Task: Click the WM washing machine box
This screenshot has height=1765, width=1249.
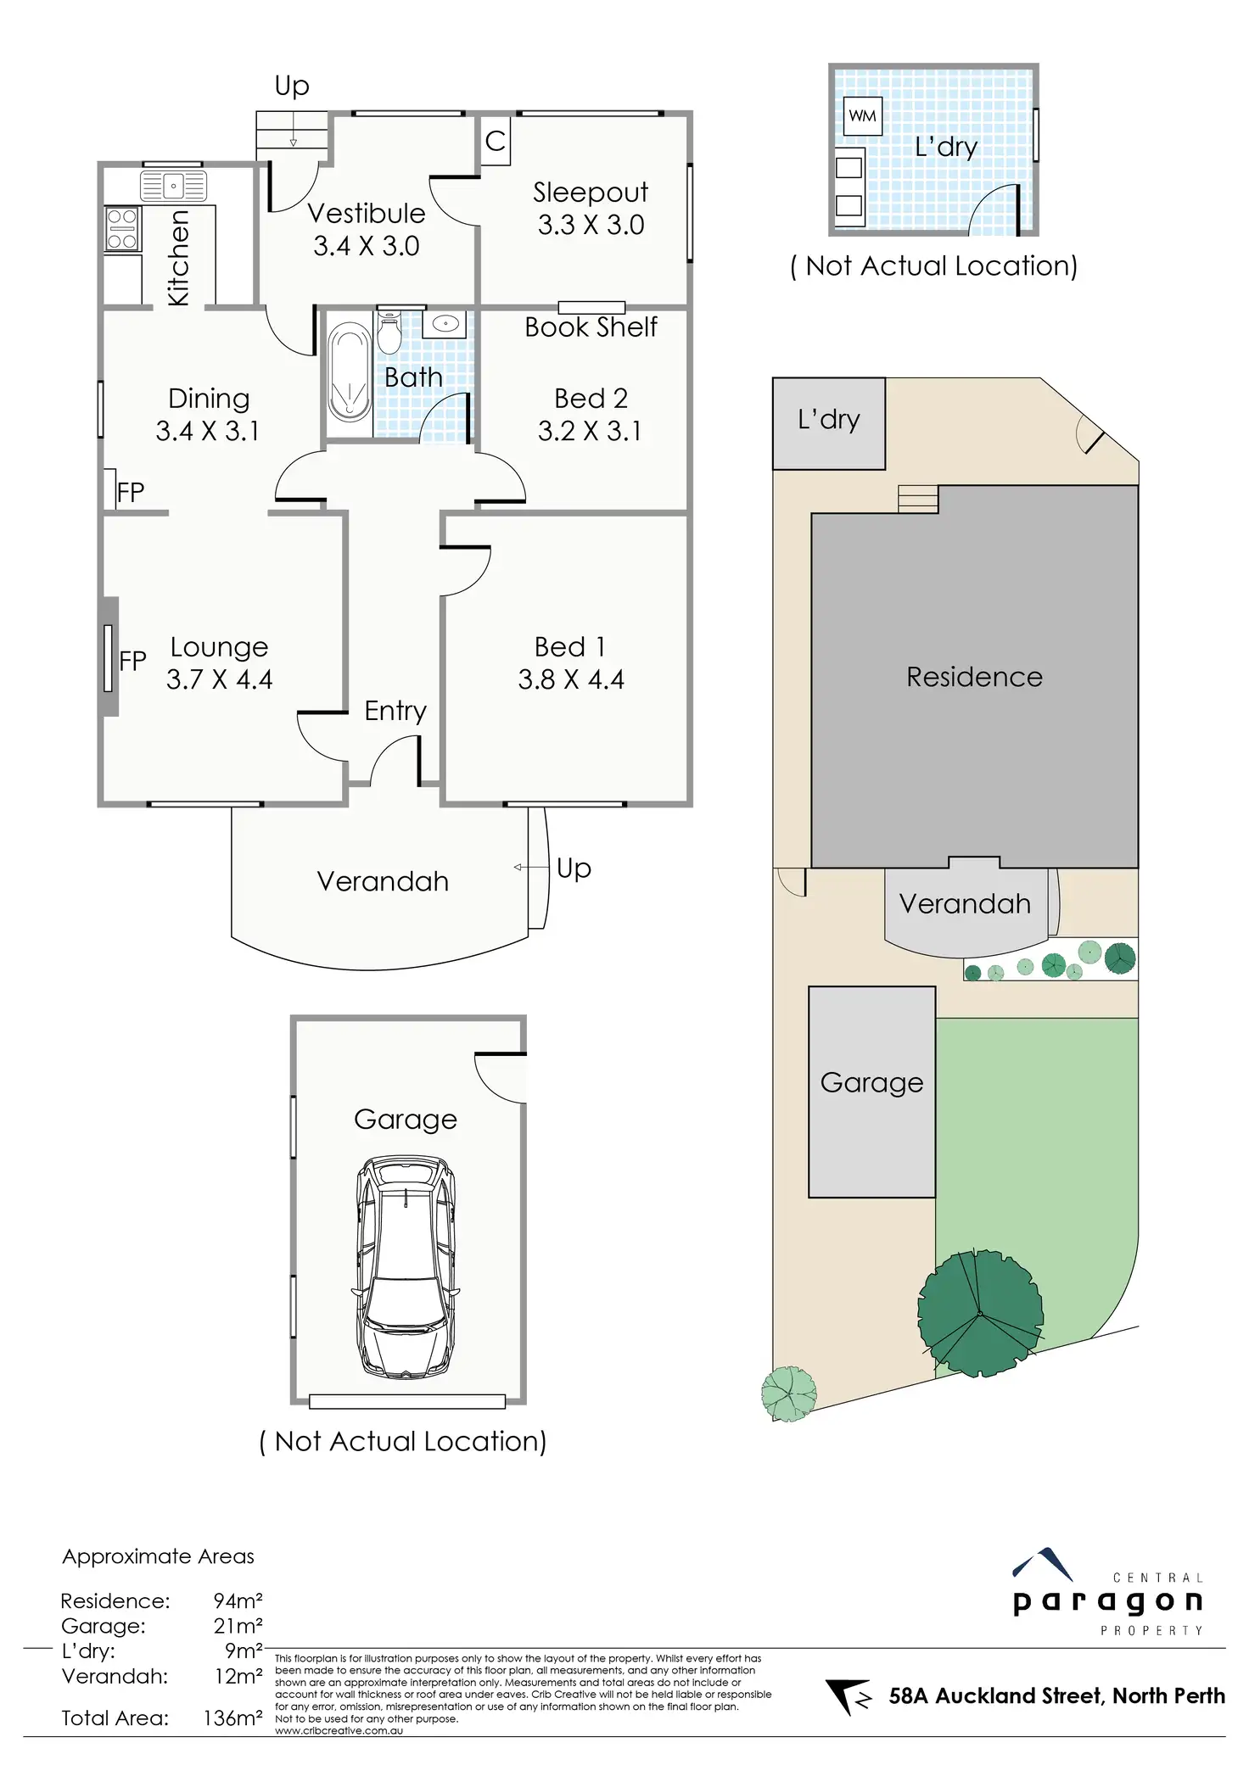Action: coord(862,116)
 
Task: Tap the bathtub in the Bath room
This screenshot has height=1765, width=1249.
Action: coord(349,372)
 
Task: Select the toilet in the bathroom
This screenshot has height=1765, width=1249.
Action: coord(389,333)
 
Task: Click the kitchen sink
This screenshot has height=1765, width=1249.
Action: coord(173,186)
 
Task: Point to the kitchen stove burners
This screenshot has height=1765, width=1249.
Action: coord(122,229)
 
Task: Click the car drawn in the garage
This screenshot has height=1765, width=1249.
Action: coord(406,1267)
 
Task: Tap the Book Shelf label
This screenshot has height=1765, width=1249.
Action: coord(591,327)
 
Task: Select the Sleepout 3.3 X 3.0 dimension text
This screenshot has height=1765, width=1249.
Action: coord(591,225)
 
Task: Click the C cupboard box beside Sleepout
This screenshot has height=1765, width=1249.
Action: coord(496,141)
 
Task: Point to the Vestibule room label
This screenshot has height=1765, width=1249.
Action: coord(366,213)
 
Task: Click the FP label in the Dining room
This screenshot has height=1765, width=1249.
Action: coord(131,492)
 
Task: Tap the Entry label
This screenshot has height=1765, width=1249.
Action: coord(395,711)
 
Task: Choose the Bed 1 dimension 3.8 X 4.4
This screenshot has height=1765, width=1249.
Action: coord(571,679)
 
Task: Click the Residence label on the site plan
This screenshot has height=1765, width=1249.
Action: coord(974,677)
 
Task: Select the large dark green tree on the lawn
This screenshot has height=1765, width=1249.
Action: coord(980,1313)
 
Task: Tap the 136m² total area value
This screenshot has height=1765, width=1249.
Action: coord(232,1718)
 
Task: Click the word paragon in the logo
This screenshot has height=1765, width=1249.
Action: coord(1108,1602)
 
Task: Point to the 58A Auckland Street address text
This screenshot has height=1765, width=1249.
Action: coord(1056,1695)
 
